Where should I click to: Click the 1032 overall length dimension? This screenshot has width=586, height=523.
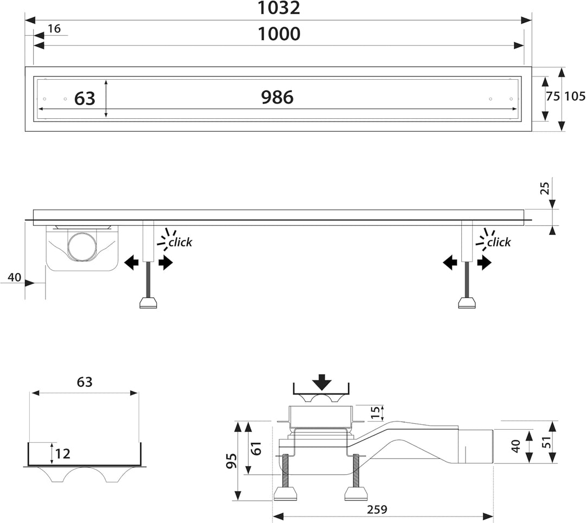(279, 8)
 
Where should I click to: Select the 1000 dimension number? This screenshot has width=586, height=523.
(279, 34)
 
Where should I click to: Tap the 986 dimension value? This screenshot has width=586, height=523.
(277, 97)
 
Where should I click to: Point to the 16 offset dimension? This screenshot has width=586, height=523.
(54, 29)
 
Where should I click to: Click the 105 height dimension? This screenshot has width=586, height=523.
(575, 97)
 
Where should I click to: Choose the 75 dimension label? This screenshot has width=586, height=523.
(553, 97)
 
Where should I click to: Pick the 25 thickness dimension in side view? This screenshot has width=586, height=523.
(545, 188)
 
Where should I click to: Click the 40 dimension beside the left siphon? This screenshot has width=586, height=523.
(15, 278)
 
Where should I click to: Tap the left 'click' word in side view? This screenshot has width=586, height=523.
(180, 243)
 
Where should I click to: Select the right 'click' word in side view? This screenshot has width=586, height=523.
(499, 243)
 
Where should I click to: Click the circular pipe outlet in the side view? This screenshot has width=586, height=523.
(82, 246)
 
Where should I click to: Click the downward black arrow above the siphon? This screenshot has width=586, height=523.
(322, 382)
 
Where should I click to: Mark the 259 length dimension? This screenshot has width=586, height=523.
(377, 509)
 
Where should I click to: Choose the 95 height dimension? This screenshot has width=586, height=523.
(231, 461)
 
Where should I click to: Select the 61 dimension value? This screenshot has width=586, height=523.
(256, 448)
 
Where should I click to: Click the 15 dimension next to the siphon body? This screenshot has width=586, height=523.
(375, 412)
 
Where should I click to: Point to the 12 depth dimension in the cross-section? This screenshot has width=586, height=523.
(62, 454)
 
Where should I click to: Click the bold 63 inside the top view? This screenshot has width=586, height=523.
(85, 99)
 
